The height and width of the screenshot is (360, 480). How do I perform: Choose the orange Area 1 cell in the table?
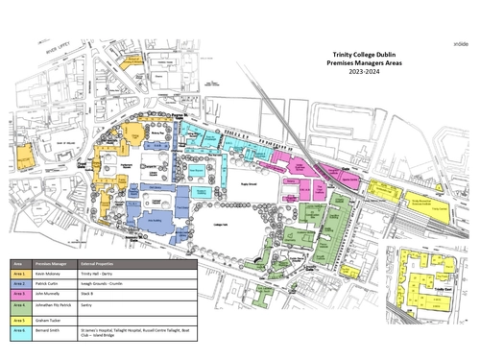pyautogui.click(x=19, y=275)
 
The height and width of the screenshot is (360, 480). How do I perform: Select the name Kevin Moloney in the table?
pyautogui.click(x=53, y=275)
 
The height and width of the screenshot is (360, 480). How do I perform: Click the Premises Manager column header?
pyautogui.click(x=54, y=262)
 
